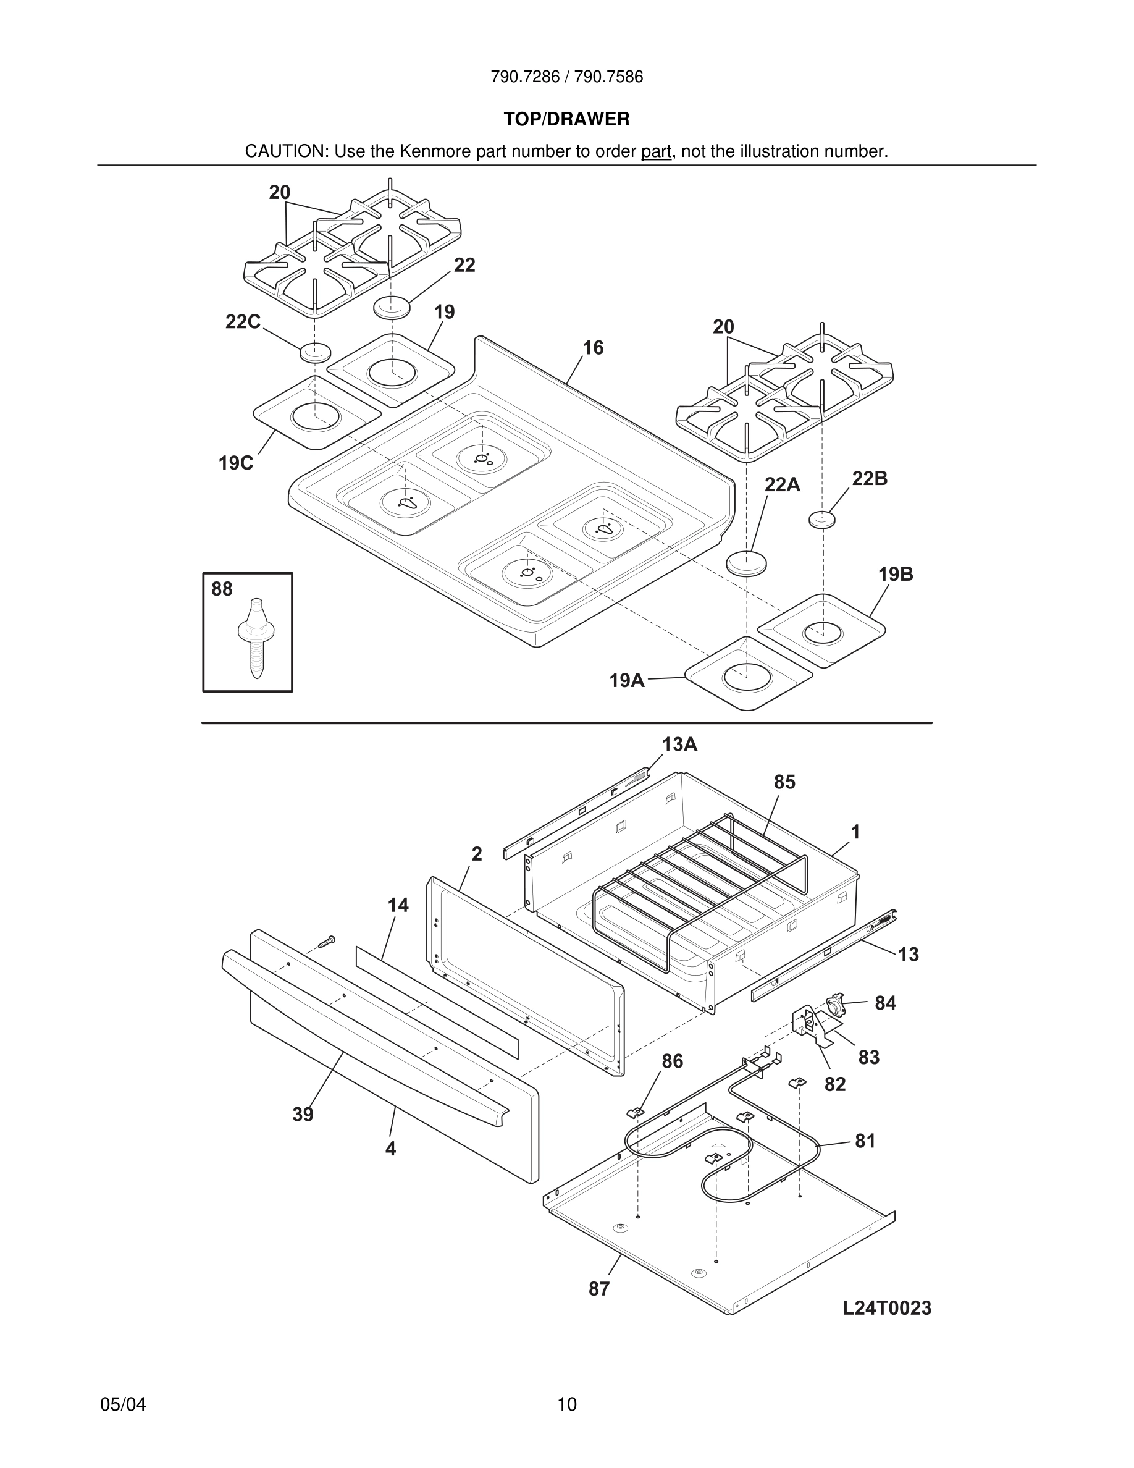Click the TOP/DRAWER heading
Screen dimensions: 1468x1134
coord(566,120)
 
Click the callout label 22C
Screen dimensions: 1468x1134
coord(243,322)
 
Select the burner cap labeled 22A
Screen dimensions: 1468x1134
coord(746,563)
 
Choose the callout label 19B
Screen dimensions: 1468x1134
coord(896,574)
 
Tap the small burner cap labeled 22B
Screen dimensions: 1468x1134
coord(821,520)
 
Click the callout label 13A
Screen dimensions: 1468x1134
coord(680,744)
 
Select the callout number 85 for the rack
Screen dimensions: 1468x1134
coord(784,782)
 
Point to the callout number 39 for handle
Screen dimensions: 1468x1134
coord(303,1115)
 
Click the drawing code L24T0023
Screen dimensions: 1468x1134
coord(887,1308)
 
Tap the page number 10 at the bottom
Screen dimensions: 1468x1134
coord(566,1404)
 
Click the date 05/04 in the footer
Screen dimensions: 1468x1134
coord(123,1404)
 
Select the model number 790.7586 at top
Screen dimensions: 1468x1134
coord(608,77)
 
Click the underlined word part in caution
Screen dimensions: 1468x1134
coord(656,151)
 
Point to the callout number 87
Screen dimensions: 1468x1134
coord(598,1289)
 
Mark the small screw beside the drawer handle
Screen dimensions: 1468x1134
coord(327,942)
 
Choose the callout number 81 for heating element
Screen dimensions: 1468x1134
coord(865,1141)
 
